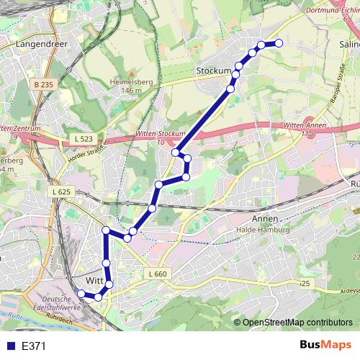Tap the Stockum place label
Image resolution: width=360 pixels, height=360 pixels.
tap(213, 71)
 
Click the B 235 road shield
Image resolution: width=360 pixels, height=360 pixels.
tap(43, 84)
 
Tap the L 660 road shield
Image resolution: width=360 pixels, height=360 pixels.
tap(159, 274)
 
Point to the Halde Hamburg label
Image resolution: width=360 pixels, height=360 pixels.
tap(263, 230)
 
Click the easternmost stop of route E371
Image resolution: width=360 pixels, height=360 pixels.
tap(279, 44)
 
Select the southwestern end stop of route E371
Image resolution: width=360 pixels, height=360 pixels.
tap(80, 293)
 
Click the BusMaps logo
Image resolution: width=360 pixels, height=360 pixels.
tap(325, 345)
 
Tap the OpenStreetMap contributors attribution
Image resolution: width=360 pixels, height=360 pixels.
tap(297, 322)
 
